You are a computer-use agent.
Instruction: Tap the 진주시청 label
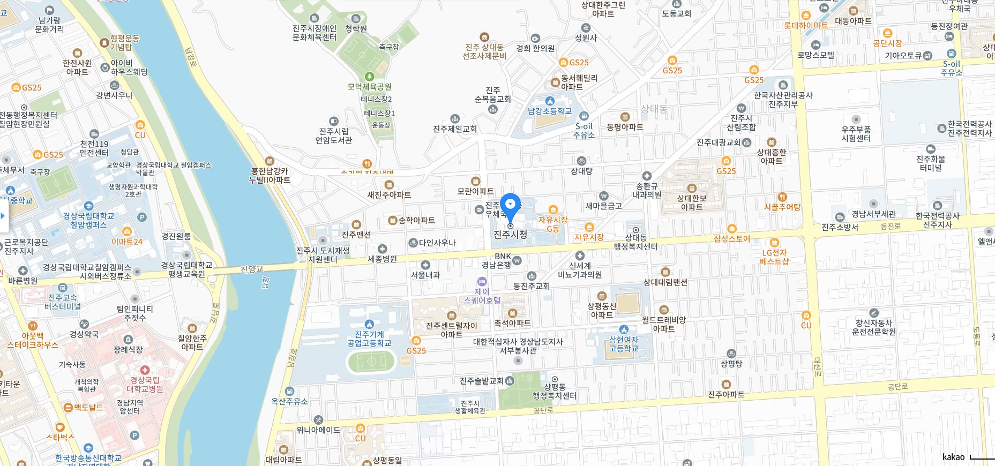click(x=510, y=235)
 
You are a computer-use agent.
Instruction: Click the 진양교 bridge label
click(x=252, y=269)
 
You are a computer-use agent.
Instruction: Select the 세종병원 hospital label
click(x=383, y=259)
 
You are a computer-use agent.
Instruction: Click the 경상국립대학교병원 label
click(x=145, y=385)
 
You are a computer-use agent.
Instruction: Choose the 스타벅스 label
click(x=60, y=437)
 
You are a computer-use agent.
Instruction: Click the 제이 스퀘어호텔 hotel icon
click(x=482, y=282)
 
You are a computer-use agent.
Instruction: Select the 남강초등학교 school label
click(x=550, y=111)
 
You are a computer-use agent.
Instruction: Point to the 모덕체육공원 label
click(x=369, y=86)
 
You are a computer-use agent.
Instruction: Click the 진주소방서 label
click(x=840, y=227)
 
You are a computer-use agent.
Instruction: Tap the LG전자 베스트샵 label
click(x=774, y=257)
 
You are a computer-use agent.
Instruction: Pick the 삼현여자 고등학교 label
click(x=624, y=344)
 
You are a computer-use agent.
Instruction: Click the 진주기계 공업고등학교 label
click(x=369, y=339)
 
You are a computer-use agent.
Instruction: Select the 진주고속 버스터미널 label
click(x=63, y=302)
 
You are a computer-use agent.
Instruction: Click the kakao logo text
click(x=953, y=457)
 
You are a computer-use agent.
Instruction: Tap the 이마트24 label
click(x=127, y=242)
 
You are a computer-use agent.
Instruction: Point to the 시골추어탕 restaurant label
click(x=782, y=207)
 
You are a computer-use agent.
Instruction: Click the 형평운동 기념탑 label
click(x=125, y=42)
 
